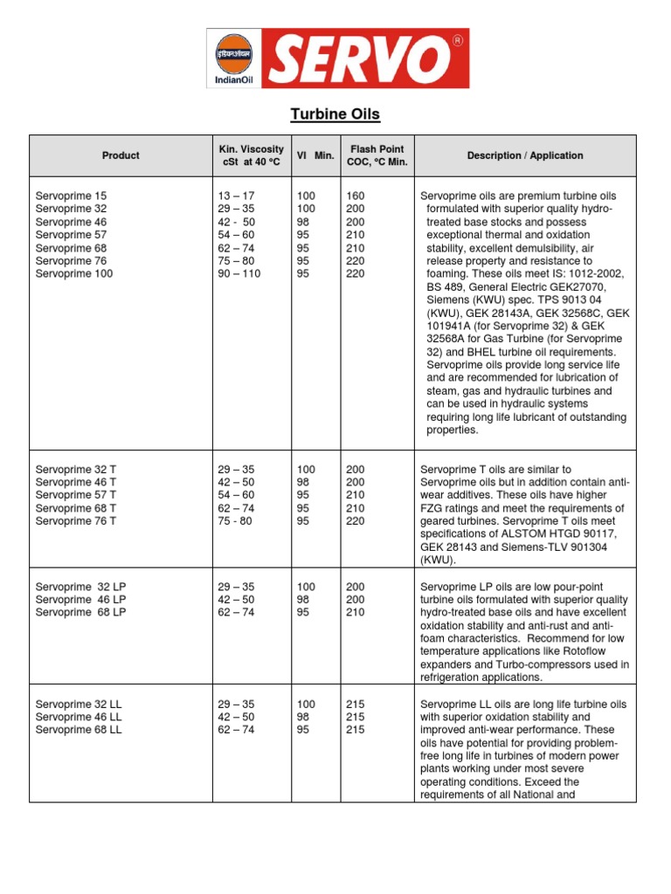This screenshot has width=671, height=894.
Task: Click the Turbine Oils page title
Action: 335,114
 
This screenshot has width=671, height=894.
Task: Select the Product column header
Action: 121,155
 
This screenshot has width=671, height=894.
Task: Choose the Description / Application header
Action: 524,155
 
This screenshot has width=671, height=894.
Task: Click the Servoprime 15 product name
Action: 71,196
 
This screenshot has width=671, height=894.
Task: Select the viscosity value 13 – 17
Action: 236,196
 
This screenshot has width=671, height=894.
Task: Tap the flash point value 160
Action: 356,196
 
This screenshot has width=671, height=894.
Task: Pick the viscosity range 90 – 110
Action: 239,273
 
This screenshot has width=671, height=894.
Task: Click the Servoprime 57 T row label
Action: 76,495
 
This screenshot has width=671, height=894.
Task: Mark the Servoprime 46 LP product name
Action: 80,599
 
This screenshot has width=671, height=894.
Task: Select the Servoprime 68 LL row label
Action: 79,730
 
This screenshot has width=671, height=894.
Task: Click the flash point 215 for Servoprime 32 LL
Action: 356,704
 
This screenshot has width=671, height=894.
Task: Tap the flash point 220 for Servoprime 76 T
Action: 356,521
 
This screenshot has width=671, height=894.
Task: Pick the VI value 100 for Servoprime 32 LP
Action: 306,586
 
